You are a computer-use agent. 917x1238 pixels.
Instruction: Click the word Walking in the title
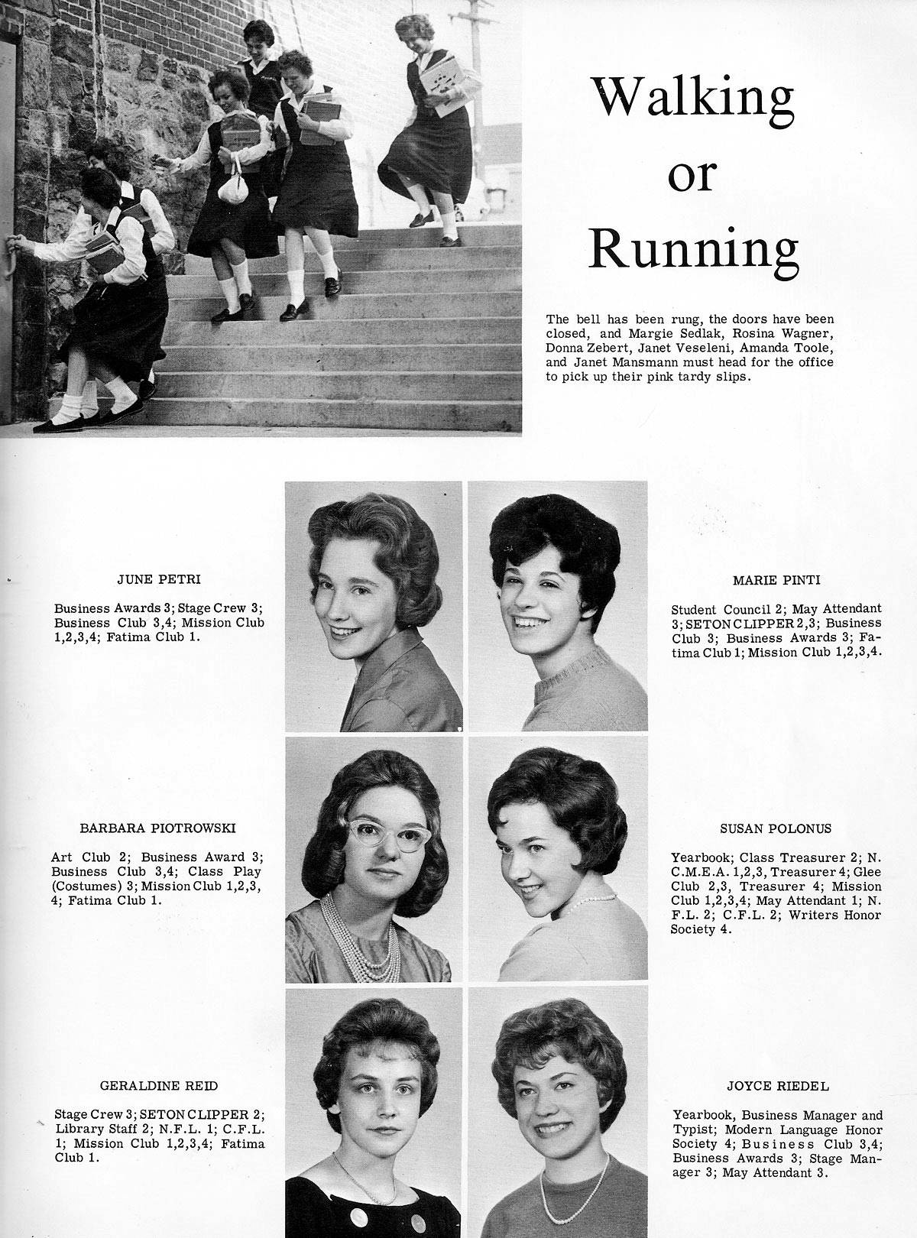pos(694,98)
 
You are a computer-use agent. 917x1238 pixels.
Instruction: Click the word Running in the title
pos(695,251)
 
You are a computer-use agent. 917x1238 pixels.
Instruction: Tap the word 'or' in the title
pos(692,176)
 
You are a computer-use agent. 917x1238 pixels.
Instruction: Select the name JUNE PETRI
pos(158,579)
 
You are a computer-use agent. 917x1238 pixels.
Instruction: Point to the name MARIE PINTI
pos(776,579)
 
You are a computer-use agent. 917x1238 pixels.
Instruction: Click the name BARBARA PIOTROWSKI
pos(158,828)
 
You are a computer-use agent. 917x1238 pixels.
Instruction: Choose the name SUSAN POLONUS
pos(776,828)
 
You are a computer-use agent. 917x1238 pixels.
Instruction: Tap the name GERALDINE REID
pos(158,1085)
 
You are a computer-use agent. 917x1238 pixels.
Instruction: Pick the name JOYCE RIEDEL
pos(777,1085)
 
